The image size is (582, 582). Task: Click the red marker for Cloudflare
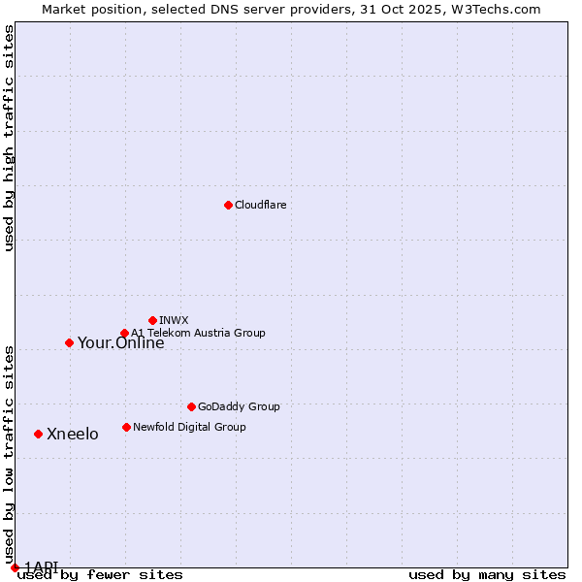click(228, 205)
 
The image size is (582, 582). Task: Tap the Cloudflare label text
click(261, 206)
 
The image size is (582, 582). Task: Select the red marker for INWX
click(152, 320)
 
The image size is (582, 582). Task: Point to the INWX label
click(174, 321)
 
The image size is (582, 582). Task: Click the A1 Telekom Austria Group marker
click(124, 334)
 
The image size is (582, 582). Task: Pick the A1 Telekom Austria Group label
click(198, 334)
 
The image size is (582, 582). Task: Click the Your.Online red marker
click(69, 342)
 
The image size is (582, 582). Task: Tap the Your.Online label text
click(120, 343)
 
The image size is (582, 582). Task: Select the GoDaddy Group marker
click(191, 406)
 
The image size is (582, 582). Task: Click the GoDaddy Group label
click(239, 407)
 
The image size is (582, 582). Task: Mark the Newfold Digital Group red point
click(126, 427)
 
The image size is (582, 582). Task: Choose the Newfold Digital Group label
click(189, 428)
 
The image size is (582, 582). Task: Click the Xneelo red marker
click(38, 434)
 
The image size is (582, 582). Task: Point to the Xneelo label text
click(73, 435)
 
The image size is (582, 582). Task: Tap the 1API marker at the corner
click(15, 567)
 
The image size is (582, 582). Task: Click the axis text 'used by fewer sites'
click(100, 575)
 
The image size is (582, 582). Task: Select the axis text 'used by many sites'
click(487, 575)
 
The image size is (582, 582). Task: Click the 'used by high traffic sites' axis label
click(10, 139)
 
